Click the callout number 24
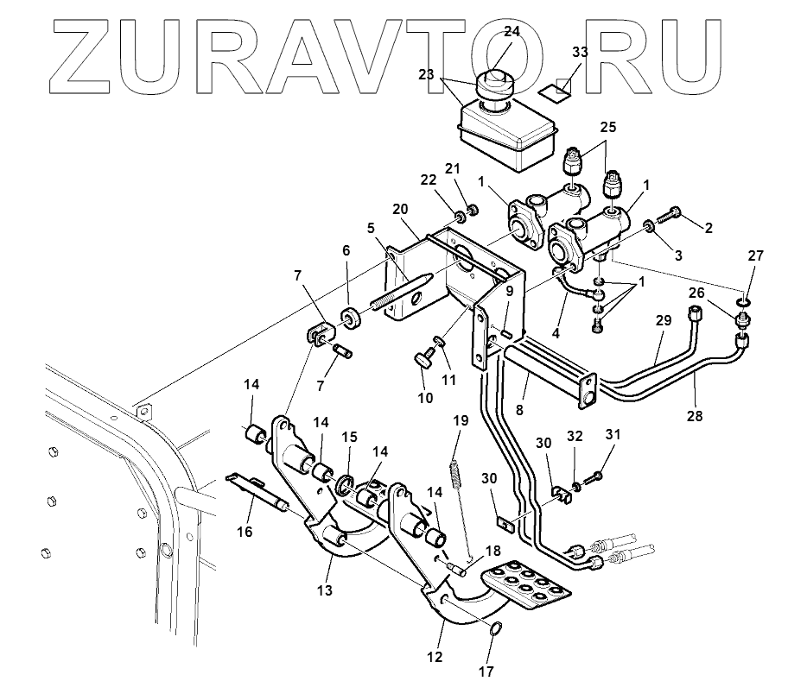(x=512, y=32)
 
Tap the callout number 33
(x=580, y=52)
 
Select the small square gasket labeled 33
(x=552, y=87)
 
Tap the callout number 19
(x=460, y=420)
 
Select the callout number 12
(x=434, y=657)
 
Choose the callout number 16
(x=245, y=532)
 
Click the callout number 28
(x=694, y=415)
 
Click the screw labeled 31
(x=595, y=476)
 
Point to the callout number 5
(x=370, y=230)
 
